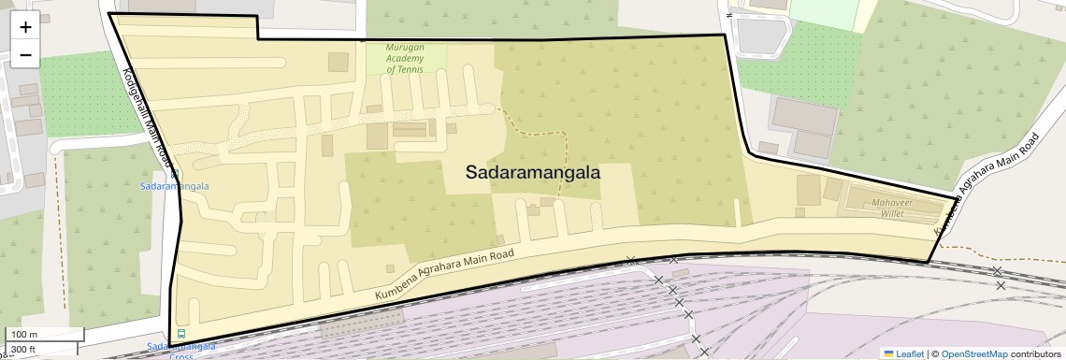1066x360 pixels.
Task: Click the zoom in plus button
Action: coord(25,27)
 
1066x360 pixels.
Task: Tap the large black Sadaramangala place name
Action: coord(532,173)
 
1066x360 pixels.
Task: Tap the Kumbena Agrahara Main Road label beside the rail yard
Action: coord(445,276)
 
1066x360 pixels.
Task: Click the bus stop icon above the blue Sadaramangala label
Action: coord(174,173)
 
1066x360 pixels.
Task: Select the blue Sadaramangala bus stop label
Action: coord(175,186)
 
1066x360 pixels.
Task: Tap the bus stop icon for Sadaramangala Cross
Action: coord(180,334)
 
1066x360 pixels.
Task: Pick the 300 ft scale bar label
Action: coord(23,350)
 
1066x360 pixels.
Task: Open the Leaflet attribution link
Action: coord(910,353)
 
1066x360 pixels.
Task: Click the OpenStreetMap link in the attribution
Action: coord(973,353)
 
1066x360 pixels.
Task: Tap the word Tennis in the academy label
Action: coord(411,69)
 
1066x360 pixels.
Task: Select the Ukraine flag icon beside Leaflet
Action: coord(888,353)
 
